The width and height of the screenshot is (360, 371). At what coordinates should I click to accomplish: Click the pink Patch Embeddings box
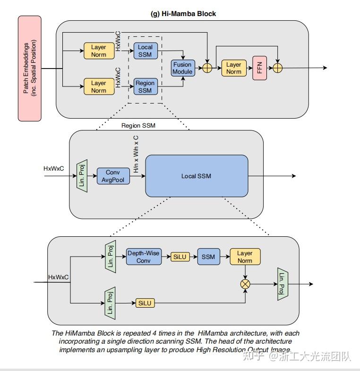coord(29,68)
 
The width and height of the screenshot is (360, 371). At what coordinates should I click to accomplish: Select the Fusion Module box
coord(182,68)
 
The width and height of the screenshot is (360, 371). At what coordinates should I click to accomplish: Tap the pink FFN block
coord(259,68)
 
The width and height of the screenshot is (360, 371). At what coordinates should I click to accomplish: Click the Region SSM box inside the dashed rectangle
coord(145,87)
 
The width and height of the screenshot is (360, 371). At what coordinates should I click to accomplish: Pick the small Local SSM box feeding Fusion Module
coord(145,51)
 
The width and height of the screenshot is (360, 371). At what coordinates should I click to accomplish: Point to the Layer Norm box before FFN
coord(233,68)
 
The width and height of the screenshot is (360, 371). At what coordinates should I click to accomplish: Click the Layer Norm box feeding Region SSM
coord(99,87)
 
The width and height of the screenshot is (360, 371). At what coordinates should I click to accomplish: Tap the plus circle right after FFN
coord(278,68)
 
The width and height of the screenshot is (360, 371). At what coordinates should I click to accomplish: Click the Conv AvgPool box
coord(113,176)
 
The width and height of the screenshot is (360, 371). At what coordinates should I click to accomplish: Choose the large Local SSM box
coord(196,176)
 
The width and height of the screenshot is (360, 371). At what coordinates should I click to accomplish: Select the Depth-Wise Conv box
coord(143,257)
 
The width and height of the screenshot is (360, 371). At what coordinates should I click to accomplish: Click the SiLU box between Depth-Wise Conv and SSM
coord(180,257)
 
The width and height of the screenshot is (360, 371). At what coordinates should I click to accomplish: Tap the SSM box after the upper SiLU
coord(208,257)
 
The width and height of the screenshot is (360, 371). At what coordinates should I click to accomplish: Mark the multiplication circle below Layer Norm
coord(245,284)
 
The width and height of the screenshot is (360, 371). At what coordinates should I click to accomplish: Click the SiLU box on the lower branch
coord(145,303)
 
